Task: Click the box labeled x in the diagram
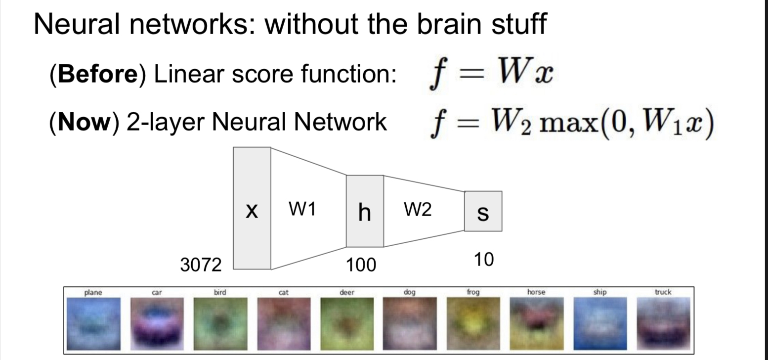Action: coord(252,208)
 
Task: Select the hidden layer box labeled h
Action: coord(365,211)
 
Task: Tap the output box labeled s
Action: coord(483,211)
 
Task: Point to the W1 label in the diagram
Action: coord(302,210)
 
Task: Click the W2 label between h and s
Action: coord(418,210)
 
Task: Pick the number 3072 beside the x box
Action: coord(201,266)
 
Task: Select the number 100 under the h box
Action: coord(361,266)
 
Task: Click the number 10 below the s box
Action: coord(483,260)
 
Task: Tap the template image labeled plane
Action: coord(93,323)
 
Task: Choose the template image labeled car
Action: coord(157,323)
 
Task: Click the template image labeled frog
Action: coord(473,323)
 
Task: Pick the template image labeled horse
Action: coord(536,323)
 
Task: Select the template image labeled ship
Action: coord(599,323)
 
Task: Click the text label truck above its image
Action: coord(663,292)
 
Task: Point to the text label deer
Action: coord(346,292)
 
